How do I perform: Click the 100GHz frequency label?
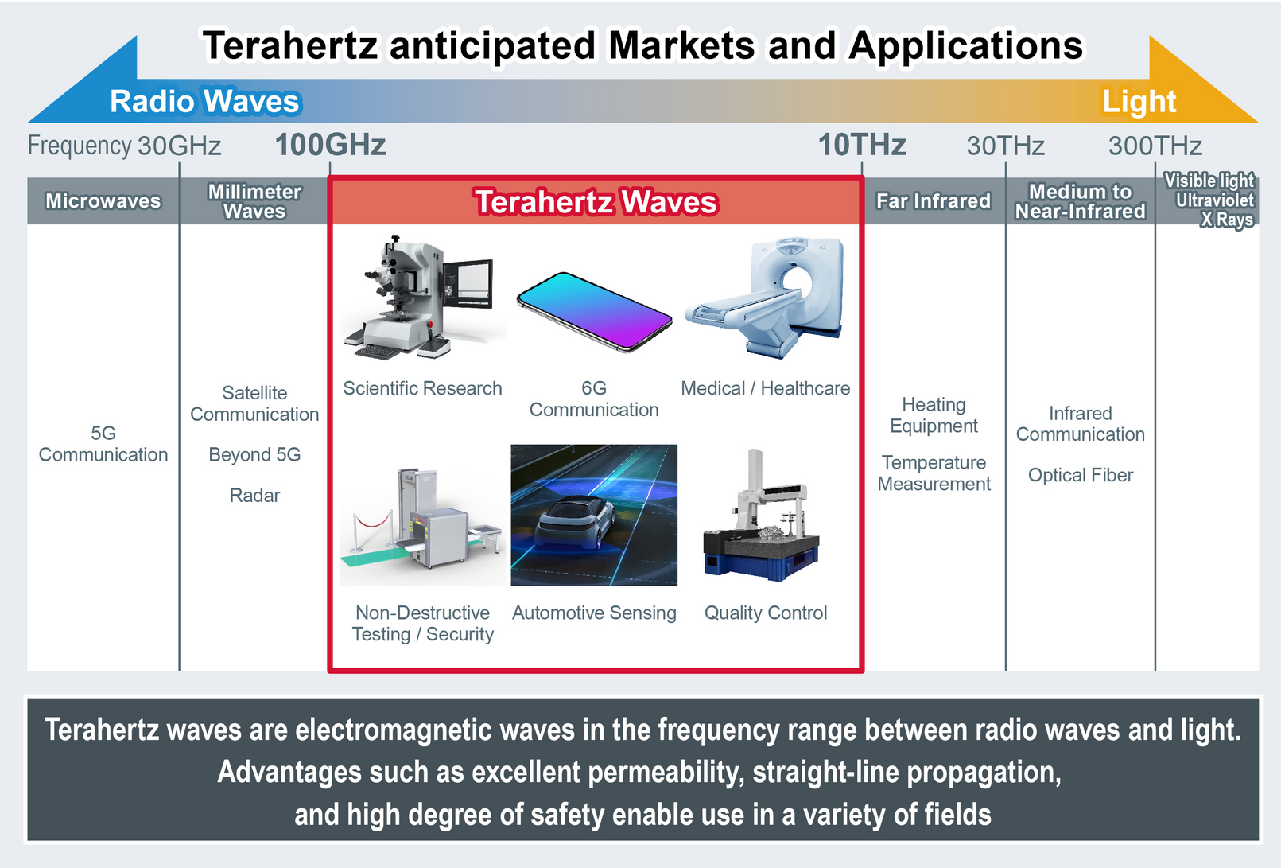[x=331, y=145]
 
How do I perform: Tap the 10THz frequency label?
[x=862, y=145]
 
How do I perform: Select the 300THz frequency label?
[x=1155, y=146]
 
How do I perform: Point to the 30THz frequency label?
[x=1005, y=146]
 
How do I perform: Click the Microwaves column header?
[x=103, y=200]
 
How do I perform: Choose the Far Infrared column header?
[x=934, y=200]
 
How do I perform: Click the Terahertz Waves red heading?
[x=596, y=202]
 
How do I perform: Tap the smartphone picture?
[x=594, y=312]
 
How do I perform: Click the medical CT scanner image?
[x=765, y=298]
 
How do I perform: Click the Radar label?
[x=254, y=496]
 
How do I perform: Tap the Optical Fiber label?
[x=1081, y=476]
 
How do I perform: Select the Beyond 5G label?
[x=254, y=455]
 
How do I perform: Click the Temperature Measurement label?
[x=934, y=473]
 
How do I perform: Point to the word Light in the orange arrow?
[x=1139, y=102]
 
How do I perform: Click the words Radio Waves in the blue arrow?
[x=204, y=102]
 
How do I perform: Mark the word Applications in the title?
[x=965, y=46]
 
